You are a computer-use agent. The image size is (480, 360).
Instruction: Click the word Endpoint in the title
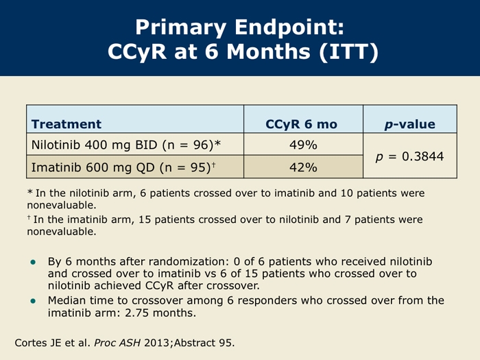(x=289, y=28)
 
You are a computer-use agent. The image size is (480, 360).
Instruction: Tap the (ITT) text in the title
(x=348, y=51)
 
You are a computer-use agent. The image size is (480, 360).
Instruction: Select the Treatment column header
(x=66, y=124)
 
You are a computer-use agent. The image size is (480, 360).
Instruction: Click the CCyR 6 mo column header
(x=302, y=124)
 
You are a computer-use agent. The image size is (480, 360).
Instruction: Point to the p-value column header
(x=410, y=124)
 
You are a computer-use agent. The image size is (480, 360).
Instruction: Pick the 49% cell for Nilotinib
(x=303, y=145)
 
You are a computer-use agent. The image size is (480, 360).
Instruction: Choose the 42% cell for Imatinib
(x=303, y=167)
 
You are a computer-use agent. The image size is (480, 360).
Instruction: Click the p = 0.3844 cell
(x=410, y=156)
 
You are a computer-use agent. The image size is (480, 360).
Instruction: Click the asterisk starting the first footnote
(x=29, y=192)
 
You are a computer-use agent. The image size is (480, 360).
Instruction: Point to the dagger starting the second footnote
(x=29, y=217)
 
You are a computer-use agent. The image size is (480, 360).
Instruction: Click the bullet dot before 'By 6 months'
(x=33, y=263)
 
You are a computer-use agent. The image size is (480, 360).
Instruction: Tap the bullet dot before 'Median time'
(x=33, y=301)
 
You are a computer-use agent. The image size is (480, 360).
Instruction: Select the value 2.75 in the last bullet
(x=136, y=313)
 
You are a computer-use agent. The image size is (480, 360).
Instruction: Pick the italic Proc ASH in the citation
(x=117, y=343)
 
